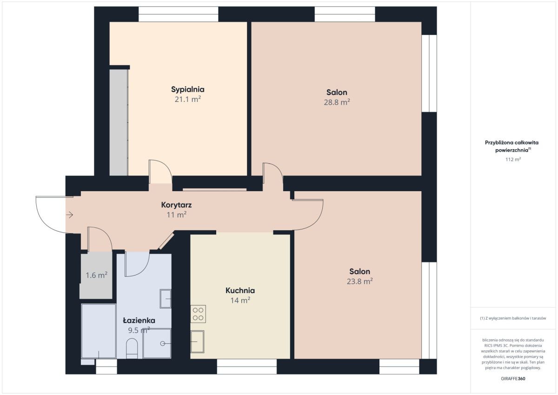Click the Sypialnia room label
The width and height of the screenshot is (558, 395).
187,89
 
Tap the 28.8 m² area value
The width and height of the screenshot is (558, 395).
337,102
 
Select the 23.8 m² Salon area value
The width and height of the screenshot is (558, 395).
360,281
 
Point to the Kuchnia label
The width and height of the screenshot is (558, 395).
240,290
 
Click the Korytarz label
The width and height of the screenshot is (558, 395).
176,205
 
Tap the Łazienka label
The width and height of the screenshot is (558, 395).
139,320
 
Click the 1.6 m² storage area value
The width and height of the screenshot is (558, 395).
96,275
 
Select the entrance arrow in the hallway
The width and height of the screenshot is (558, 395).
69,214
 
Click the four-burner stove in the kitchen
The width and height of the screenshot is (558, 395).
198,314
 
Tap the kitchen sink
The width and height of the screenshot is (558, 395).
197,341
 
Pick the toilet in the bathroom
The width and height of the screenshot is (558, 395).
132,348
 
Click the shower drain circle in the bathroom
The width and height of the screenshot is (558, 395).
163,344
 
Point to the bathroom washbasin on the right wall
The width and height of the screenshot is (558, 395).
166,299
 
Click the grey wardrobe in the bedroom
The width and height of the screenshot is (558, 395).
119,122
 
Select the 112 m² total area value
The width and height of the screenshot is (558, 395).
513,159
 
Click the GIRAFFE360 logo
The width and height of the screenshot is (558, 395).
513,379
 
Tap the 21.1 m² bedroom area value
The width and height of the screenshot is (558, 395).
187,99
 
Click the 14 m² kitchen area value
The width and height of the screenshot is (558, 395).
240,300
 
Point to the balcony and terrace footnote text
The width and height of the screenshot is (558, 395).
513,318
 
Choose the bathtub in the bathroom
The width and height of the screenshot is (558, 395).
99,331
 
